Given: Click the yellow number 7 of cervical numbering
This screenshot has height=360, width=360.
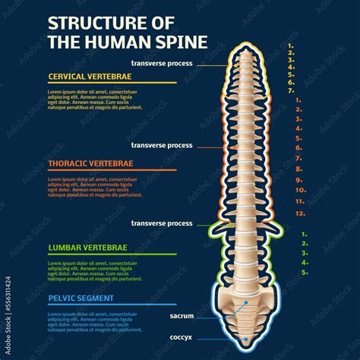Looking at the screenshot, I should (291, 90).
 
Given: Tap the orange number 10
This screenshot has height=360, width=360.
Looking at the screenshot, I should (300, 190).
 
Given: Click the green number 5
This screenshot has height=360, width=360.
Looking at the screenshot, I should (304, 272).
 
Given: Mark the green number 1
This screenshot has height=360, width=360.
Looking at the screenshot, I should (304, 235).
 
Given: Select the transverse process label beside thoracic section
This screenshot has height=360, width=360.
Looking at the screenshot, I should (162, 144).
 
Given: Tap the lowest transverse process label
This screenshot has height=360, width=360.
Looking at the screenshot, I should (162, 223).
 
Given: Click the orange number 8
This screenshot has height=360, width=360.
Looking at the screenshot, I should (298, 169).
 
